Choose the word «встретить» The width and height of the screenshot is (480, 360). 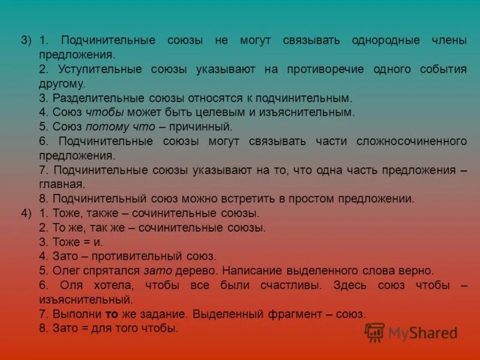[229, 199]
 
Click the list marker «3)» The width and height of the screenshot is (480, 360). [26, 40]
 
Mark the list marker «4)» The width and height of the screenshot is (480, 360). [26, 213]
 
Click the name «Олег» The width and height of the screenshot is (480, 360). [65, 271]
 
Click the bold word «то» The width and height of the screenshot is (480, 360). [111, 314]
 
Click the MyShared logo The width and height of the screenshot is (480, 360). [412, 332]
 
